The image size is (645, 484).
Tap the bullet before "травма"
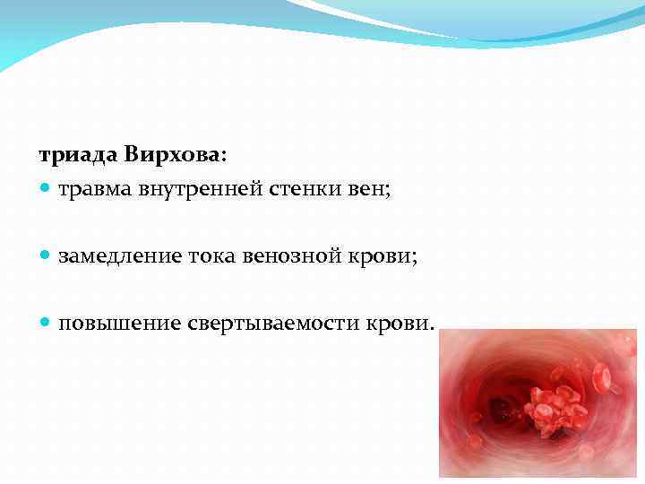click(x=46, y=190)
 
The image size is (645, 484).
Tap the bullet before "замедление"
click(x=46, y=256)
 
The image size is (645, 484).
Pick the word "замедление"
click(x=120, y=256)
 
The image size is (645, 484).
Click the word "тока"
click(x=212, y=256)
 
